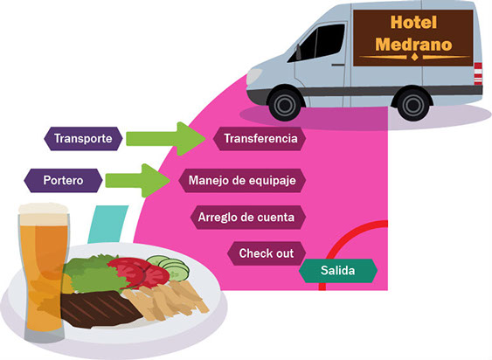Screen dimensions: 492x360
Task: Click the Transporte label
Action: [83, 138]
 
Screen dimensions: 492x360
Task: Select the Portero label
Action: [63, 181]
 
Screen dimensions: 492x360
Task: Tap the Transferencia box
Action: [260, 138]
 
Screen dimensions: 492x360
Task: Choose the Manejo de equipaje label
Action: [242, 181]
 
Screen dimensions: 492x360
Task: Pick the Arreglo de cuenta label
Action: [248, 218]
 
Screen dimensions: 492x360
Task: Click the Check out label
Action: [267, 253]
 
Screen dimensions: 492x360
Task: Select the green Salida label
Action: [338, 271]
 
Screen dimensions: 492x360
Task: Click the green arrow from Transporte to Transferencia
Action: [166, 138]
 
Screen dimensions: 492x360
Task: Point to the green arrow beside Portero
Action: [138, 181]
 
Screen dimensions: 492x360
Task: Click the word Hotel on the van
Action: [413, 23]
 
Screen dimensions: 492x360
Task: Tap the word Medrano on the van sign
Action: [413, 45]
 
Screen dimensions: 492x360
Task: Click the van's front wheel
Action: [285, 104]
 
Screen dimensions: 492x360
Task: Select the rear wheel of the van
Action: [413, 104]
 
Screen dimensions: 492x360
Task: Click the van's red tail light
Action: [478, 73]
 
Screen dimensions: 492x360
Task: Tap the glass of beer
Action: [44, 273]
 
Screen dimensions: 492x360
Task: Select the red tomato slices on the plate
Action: [140, 272]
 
